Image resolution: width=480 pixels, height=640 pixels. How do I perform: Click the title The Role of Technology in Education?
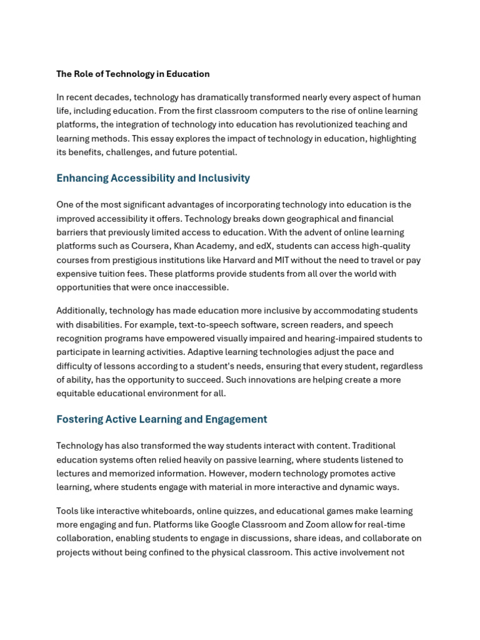(133, 74)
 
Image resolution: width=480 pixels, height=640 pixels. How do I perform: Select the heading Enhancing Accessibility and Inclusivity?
(153, 178)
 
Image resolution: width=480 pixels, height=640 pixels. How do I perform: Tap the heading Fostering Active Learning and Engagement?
(162, 419)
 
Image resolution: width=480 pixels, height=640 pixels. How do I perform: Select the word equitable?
(76, 394)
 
